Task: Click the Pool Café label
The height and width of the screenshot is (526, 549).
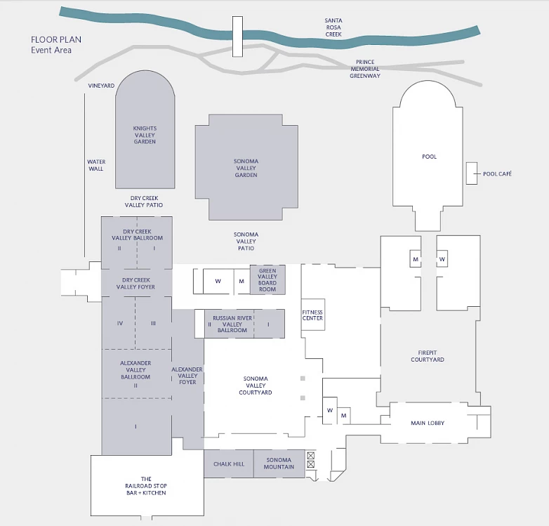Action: (x=497, y=173)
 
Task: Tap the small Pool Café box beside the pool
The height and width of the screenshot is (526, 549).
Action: (x=471, y=173)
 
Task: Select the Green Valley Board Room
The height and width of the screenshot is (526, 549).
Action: (x=267, y=280)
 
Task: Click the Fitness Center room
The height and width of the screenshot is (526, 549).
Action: (x=312, y=315)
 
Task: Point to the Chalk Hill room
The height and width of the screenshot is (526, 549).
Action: (x=229, y=463)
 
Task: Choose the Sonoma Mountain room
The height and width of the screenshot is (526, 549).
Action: (x=279, y=463)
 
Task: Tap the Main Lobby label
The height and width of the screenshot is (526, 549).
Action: (x=428, y=423)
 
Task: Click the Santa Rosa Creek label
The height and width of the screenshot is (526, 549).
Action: (x=333, y=27)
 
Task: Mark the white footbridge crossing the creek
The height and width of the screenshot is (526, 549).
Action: (x=237, y=37)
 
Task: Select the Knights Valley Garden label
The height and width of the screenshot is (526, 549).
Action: (x=145, y=135)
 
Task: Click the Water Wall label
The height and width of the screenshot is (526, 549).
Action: (x=96, y=165)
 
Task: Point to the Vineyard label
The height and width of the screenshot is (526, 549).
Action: (x=101, y=86)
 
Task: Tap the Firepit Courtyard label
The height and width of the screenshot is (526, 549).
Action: (x=428, y=356)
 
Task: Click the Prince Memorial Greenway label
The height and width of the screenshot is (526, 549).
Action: (x=365, y=69)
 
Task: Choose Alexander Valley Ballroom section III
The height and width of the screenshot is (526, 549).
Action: (x=153, y=323)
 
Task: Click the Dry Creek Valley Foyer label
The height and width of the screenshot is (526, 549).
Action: (x=136, y=283)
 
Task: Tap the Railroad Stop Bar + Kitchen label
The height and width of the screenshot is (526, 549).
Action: (x=146, y=486)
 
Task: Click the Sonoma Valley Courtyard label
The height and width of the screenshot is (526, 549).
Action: (x=256, y=386)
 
